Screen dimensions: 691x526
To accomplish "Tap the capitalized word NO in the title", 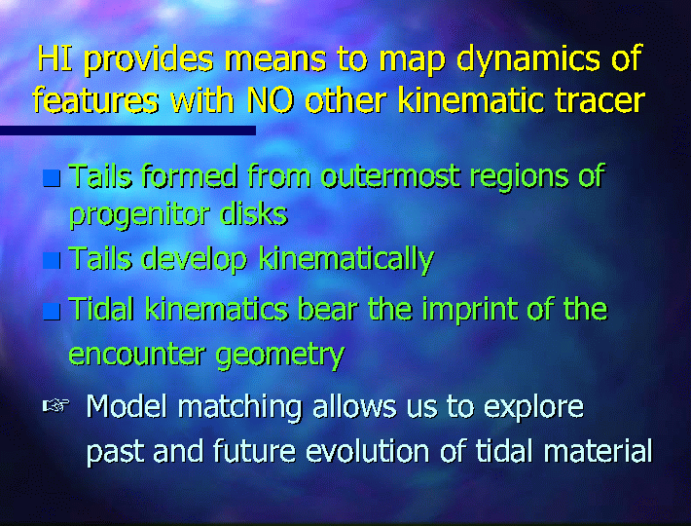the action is point(271,100).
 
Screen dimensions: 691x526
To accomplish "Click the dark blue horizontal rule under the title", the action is point(127,131).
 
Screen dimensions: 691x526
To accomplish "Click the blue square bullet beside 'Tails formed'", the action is point(52,178).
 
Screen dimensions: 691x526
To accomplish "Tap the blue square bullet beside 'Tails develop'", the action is point(52,261).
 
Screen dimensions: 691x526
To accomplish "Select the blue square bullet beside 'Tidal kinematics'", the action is point(52,312).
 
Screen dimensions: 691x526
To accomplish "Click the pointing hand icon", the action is point(56,405).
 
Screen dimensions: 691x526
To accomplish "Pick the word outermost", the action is point(390,176).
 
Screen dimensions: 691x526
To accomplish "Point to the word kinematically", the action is point(346,260).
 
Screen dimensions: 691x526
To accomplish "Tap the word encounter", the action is point(137,354).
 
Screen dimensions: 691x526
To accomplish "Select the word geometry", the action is point(280,356).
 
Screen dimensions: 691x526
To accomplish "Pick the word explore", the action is point(534,408).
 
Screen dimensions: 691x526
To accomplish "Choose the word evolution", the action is point(368,452).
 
